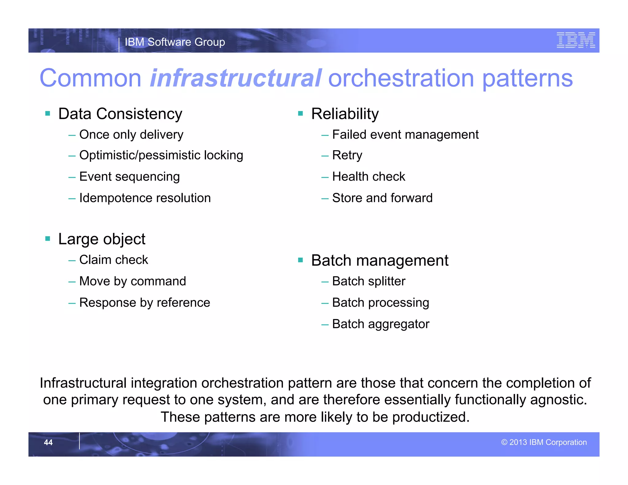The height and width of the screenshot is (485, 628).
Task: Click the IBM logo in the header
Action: (x=576, y=40)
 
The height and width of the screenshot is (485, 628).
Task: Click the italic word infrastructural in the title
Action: (x=235, y=78)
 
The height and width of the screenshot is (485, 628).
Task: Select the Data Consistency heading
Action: (x=120, y=114)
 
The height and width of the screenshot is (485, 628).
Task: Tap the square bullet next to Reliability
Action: (x=300, y=114)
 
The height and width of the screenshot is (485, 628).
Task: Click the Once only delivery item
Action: (x=131, y=135)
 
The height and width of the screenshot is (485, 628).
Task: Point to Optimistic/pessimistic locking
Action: (x=161, y=155)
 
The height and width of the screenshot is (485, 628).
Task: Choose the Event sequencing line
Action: (x=129, y=177)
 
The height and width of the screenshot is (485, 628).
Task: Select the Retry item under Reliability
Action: (x=347, y=155)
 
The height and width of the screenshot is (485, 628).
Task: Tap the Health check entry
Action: (x=368, y=177)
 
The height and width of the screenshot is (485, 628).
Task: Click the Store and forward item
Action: (x=382, y=198)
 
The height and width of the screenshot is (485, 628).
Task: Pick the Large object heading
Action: (x=101, y=239)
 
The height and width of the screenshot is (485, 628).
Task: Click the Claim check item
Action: (x=113, y=260)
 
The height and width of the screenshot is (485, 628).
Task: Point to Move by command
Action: (x=132, y=281)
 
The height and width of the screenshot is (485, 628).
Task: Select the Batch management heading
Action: (x=379, y=261)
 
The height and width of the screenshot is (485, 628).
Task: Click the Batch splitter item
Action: (x=369, y=281)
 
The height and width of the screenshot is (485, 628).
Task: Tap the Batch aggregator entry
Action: (x=381, y=324)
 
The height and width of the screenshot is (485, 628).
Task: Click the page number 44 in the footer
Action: (x=48, y=442)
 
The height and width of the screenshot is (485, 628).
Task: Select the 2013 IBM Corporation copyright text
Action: (x=544, y=442)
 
